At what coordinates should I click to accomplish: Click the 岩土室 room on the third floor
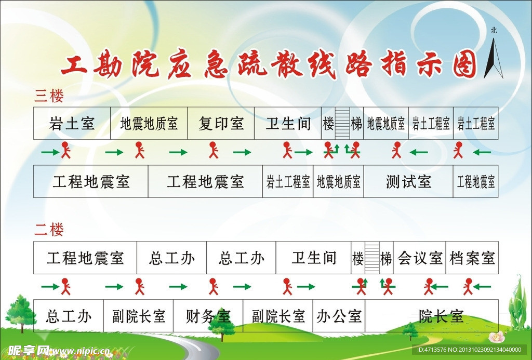[x=72, y=124]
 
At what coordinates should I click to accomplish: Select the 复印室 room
[x=221, y=124]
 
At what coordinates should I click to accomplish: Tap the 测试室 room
[x=408, y=182]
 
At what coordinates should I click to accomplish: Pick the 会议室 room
[x=420, y=258]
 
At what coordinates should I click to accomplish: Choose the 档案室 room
[x=472, y=258]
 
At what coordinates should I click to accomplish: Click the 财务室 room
[x=208, y=316]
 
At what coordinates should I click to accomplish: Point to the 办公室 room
[x=339, y=316]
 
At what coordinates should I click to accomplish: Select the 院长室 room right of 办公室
[x=441, y=316]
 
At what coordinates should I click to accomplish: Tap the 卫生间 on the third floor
[x=288, y=124]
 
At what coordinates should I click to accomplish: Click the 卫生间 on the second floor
[x=313, y=258]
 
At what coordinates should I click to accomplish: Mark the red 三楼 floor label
[x=49, y=96]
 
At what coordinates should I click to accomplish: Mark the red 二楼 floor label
[x=49, y=230]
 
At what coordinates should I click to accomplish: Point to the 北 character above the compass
[x=494, y=30]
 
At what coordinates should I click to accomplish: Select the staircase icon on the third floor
[x=342, y=124]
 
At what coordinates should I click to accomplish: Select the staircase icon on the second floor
[x=372, y=258]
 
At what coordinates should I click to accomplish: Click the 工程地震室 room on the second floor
[x=85, y=258]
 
